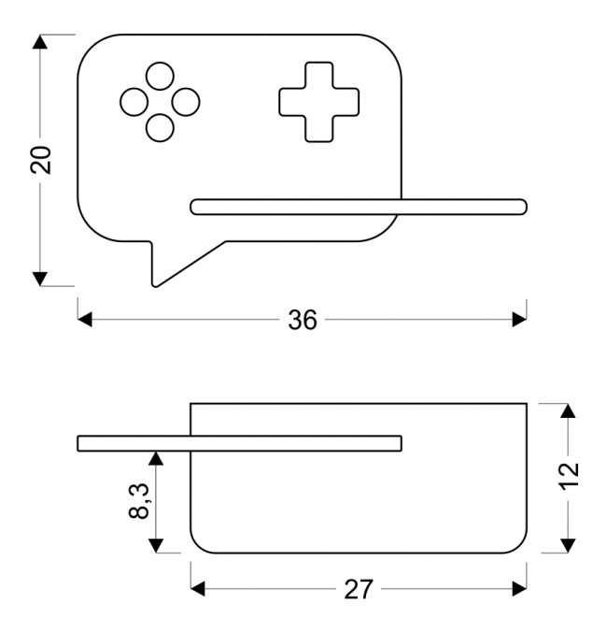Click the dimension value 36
[x=302, y=320]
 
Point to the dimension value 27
[x=358, y=589]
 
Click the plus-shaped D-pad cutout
[x=318, y=102]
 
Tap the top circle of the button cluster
[x=160, y=75]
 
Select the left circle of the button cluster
[x=133, y=101]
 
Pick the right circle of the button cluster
[x=187, y=101]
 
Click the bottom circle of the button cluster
[x=160, y=128]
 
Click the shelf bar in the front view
[x=359, y=207]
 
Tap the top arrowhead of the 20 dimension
[x=40, y=41]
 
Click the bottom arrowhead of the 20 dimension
[x=40, y=278]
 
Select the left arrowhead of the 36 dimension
[x=84, y=320]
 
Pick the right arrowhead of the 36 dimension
[x=520, y=320]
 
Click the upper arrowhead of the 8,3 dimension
[x=155, y=456]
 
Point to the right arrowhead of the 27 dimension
[x=520, y=589]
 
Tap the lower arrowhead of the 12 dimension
[x=564, y=545]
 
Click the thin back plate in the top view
[x=239, y=442]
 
